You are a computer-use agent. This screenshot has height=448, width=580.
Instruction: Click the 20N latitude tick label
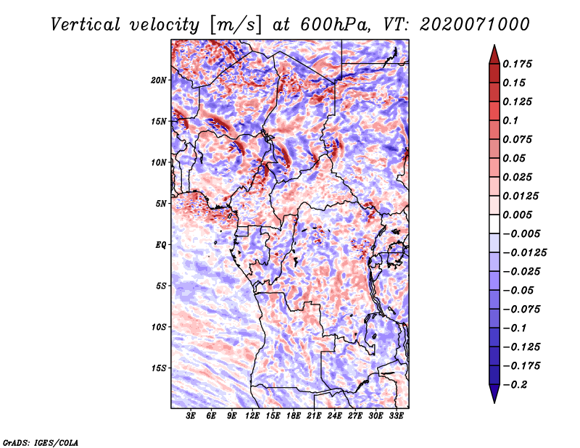158,80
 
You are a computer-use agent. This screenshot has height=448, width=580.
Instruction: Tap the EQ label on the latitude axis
160,245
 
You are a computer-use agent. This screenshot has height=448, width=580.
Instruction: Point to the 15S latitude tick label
159,368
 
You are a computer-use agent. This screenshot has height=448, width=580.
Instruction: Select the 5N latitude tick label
161,204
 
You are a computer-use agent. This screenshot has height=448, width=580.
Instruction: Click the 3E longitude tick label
191,416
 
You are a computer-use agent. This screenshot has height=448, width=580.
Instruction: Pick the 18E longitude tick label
294,416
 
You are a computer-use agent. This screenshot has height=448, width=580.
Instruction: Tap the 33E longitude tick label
396,416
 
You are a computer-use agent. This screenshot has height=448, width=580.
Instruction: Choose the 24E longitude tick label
334,416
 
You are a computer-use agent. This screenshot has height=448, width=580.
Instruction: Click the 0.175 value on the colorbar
517,64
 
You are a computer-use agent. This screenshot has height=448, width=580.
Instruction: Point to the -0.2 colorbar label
515,385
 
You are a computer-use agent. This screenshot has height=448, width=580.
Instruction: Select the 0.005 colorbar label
517,215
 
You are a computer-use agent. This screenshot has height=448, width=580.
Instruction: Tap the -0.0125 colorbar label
524,253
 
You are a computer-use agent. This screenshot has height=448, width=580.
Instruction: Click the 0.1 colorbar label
510,120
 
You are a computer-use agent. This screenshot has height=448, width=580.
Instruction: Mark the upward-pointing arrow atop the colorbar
494,54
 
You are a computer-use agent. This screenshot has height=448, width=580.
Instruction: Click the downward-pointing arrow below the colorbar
494,394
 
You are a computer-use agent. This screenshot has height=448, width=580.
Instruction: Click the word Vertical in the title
86,25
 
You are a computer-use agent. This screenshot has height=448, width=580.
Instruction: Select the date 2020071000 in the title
475,25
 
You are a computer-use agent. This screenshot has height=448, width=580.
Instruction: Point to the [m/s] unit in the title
235,25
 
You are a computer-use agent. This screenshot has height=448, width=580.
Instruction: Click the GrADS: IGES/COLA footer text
41,442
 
